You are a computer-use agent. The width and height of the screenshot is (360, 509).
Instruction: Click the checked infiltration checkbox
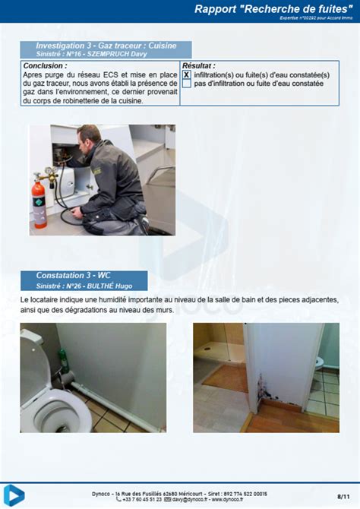(x=186, y=75)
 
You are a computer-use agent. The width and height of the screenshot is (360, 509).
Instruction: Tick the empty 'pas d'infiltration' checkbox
(x=186, y=84)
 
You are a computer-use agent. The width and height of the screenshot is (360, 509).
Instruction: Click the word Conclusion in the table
(x=46, y=66)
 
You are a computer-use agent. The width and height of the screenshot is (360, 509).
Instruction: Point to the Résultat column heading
(x=199, y=66)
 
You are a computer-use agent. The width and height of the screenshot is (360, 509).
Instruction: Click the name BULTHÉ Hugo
(x=115, y=286)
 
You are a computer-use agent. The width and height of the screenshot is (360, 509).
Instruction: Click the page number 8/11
(x=343, y=495)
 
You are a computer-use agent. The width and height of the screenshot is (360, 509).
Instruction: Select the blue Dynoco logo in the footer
(x=14, y=495)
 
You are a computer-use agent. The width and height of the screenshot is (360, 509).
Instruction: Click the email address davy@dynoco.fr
(x=189, y=499)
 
